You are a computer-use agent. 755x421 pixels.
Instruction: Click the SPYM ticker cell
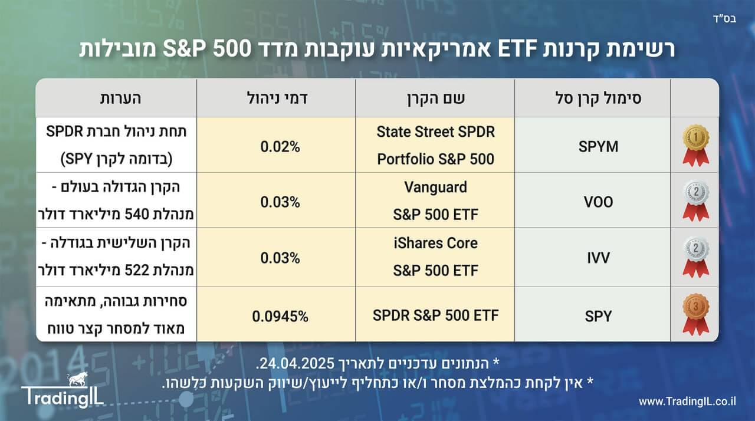[593, 147]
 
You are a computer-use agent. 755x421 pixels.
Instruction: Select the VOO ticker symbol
[593, 202]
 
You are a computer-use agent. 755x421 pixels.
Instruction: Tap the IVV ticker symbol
[593, 258]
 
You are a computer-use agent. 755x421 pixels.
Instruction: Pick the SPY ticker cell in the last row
[593, 316]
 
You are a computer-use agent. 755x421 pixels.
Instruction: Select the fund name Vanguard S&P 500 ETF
[435, 201]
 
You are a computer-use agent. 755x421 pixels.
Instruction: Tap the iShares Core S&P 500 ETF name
[435, 257]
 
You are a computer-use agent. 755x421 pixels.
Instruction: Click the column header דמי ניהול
[276, 98]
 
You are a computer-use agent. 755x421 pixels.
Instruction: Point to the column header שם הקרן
[435, 98]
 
